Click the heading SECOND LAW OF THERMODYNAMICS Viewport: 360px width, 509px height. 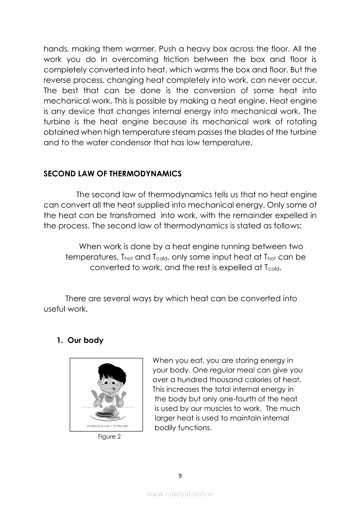pyautogui.click(x=112, y=174)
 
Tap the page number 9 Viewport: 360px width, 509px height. pyautogui.click(x=180, y=475)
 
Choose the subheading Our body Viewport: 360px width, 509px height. pyautogui.click(x=85, y=340)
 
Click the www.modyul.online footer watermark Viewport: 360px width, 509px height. pyautogui.click(x=180, y=494)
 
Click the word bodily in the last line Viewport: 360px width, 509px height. pyautogui.click(x=166, y=428)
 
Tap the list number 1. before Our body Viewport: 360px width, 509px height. pyautogui.click(x=60, y=340)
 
